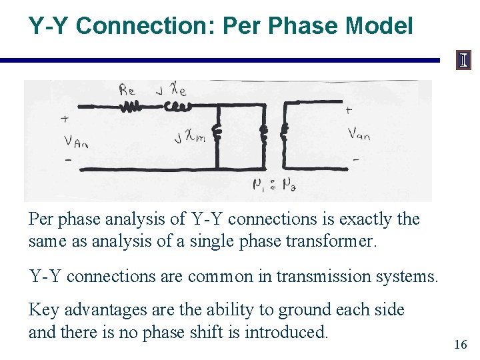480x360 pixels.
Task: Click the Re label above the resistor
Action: pos(127,91)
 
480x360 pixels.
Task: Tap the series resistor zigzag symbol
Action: pos(131,106)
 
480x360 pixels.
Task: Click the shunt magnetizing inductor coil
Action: pos(217,133)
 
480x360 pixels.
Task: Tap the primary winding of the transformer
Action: pos(263,133)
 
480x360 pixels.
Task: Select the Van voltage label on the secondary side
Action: pos(359,134)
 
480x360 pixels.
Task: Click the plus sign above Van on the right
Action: pos(349,109)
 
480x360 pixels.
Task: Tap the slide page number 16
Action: pos(460,345)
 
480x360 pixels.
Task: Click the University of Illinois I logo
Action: pos(463,61)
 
